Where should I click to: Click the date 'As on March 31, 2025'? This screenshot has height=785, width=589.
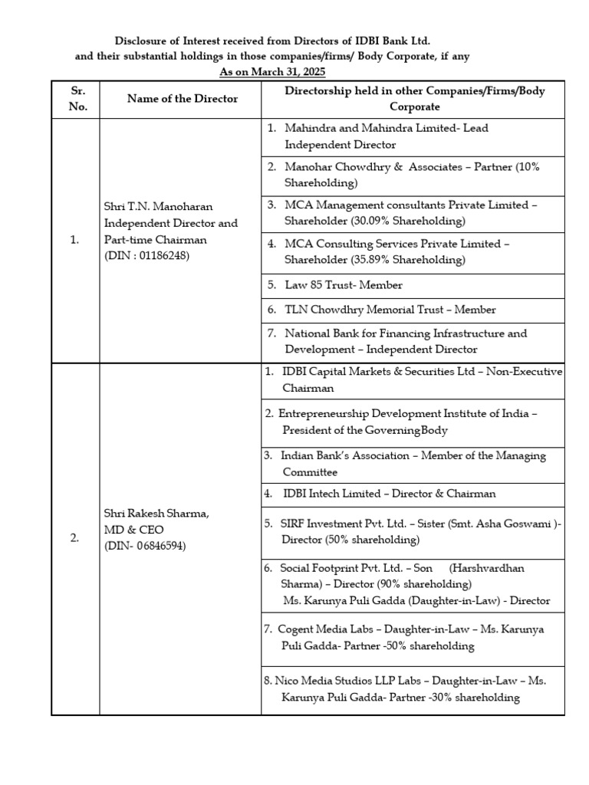point(272,72)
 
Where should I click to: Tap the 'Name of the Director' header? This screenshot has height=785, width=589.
point(183,99)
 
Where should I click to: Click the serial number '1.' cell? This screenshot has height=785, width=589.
point(74,240)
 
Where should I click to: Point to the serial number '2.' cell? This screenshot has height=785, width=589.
point(74,538)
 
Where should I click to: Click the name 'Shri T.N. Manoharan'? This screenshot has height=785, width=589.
point(157,207)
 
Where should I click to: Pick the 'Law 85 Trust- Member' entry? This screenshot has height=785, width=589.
point(343,285)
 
